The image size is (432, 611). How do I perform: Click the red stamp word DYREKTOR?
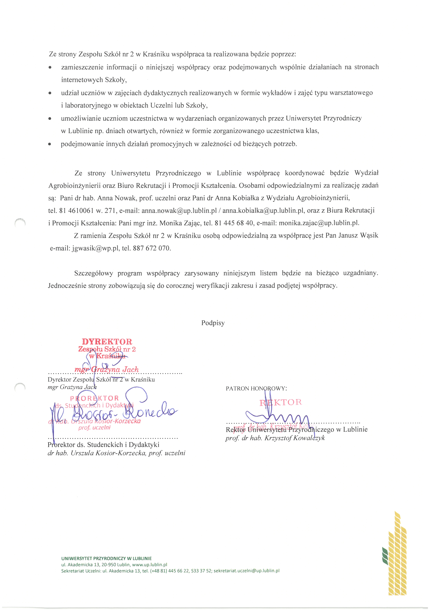point(107,342)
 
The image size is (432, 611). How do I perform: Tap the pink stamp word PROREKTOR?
point(94,398)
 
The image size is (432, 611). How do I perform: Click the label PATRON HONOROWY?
point(256,389)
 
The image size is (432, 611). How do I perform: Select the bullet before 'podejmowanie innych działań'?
point(49,144)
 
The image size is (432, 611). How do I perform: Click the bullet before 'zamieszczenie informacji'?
point(50,67)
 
